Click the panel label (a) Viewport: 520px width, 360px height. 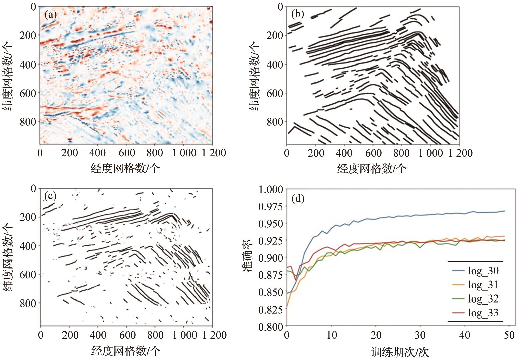[x=51, y=15]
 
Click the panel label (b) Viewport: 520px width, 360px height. [x=298, y=14]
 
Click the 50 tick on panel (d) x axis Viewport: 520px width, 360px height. [x=509, y=335]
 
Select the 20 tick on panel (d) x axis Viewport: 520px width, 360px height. [x=376, y=335]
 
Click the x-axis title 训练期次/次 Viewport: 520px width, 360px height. [x=400, y=352]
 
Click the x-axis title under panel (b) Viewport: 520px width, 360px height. [x=371, y=168]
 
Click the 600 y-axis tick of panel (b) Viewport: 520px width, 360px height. [x=275, y=93]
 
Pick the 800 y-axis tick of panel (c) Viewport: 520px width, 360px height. [x=29, y=303]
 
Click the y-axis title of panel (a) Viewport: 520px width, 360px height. [x=9, y=76]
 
